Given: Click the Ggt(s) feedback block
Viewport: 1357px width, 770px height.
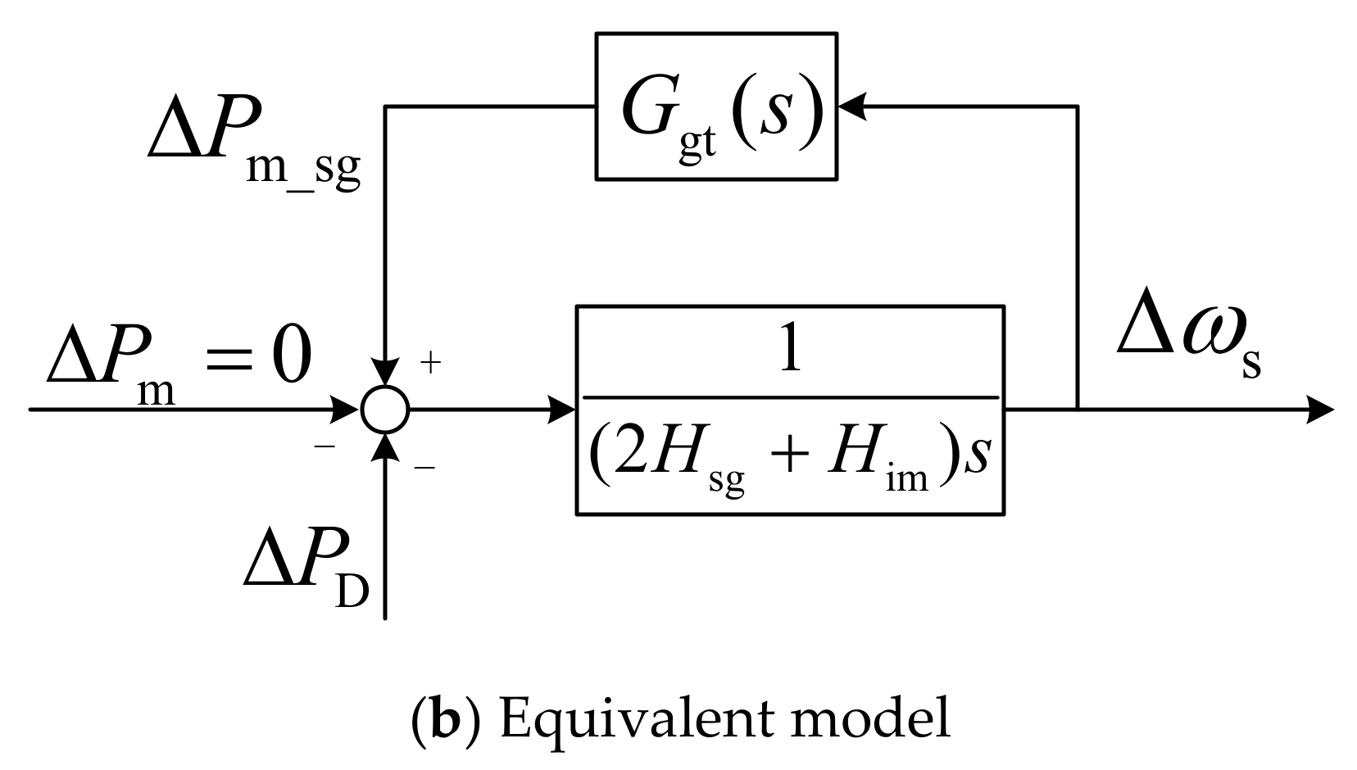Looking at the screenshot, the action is pos(716,106).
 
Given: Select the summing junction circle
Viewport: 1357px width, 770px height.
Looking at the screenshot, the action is pos(384,408).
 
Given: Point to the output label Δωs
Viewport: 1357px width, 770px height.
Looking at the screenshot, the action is pos(1188,344).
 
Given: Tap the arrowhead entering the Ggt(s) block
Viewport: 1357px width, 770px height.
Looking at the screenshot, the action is pos(852,106).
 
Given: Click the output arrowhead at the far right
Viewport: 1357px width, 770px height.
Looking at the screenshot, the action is pos(1319,408).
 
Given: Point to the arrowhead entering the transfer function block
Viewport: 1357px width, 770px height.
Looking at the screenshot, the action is pos(564,408).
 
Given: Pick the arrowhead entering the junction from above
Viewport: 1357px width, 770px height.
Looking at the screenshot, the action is pos(384,373).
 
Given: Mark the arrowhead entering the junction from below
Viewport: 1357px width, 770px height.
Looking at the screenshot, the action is pos(384,444).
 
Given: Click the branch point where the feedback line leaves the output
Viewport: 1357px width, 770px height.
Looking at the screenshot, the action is pos(1077,408).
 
